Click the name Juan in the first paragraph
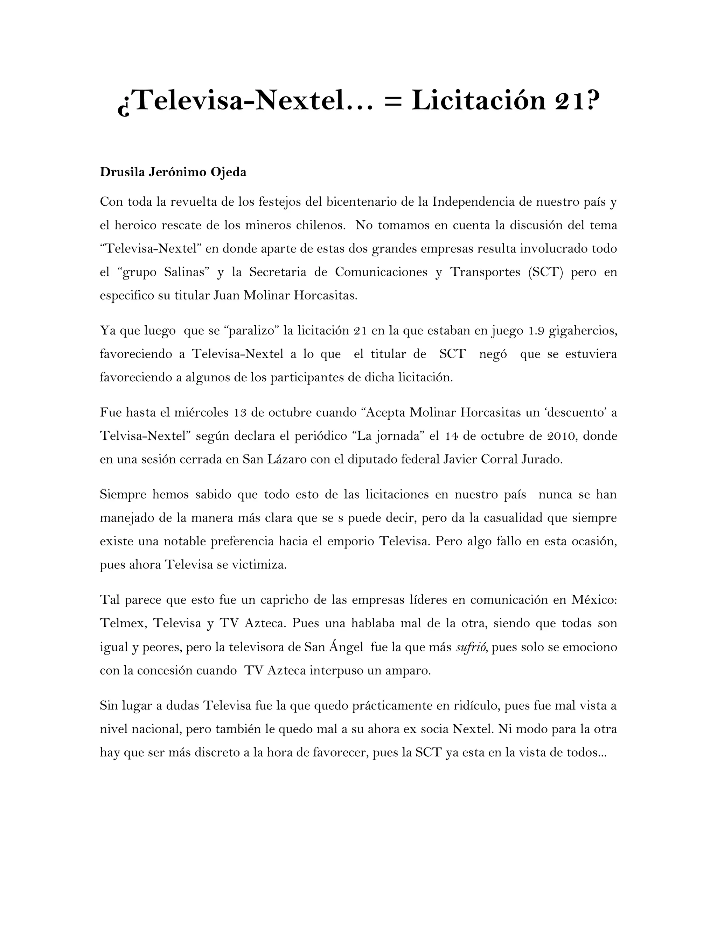(x=227, y=296)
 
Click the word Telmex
(x=123, y=623)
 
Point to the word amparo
(x=410, y=671)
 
